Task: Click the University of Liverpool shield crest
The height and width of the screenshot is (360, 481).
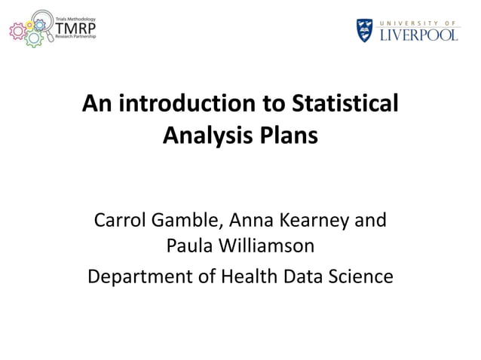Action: coord(364,30)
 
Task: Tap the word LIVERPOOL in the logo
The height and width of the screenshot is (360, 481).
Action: coord(418,34)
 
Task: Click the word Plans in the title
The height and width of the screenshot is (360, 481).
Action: coord(287,138)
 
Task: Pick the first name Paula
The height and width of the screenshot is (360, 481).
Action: coord(189,247)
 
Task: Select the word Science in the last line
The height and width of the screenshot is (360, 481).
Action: coord(361,276)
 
